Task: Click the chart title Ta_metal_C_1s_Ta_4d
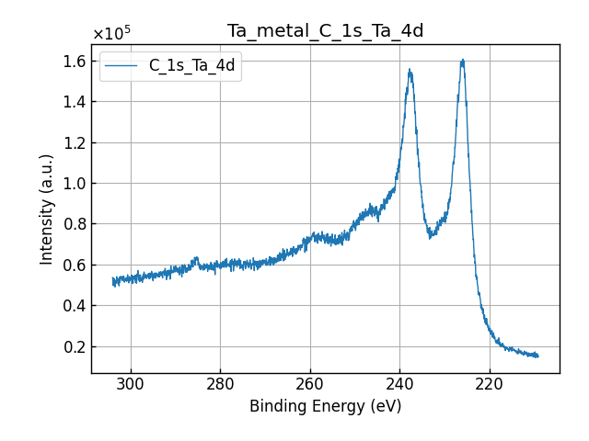click(325, 31)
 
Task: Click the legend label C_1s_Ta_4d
click(191, 65)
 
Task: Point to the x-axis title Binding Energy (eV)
click(325, 406)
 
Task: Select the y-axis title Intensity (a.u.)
click(47, 209)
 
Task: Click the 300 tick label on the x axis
click(131, 383)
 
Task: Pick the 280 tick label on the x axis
click(220, 383)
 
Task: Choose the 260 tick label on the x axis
click(310, 383)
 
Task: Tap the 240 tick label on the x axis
click(399, 383)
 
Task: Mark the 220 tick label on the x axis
click(490, 383)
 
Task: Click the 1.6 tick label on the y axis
click(75, 61)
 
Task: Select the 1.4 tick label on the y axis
click(75, 102)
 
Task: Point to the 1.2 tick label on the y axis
click(75, 142)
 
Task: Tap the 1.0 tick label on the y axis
click(75, 184)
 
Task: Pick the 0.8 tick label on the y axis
click(75, 224)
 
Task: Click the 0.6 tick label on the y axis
click(75, 265)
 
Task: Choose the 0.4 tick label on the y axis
click(75, 306)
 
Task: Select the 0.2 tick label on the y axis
click(75, 346)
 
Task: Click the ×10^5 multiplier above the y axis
click(110, 34)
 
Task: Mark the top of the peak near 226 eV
click(463, 61)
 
